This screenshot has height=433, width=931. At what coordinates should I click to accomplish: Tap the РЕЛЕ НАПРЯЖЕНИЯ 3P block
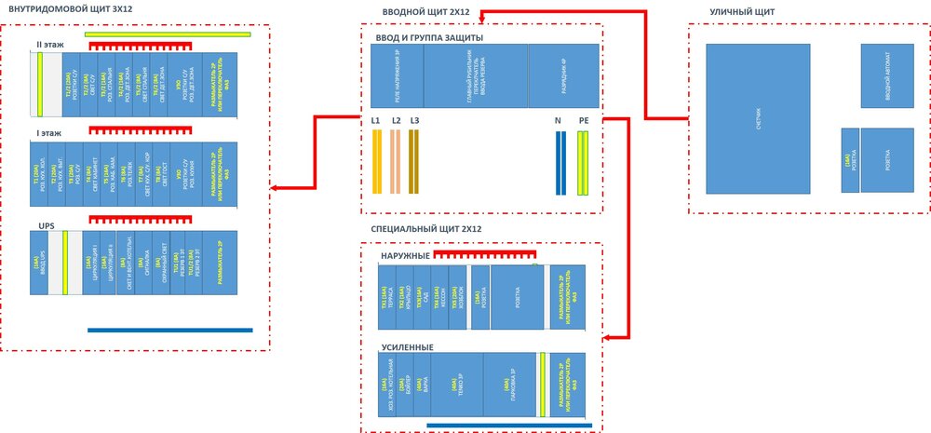coord(396,78)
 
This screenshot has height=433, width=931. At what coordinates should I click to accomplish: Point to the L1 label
coord(376,120)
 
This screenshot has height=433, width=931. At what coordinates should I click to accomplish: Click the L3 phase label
coord(415,120)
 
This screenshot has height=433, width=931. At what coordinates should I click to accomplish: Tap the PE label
coord(584,120)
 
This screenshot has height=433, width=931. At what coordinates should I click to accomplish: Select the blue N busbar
coord(560,163)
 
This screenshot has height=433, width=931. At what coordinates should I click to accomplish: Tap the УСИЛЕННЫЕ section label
coord(407,347)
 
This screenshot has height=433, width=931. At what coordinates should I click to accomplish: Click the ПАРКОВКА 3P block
coord(508,384)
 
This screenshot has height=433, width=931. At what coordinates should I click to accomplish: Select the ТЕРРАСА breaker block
coord(386,296)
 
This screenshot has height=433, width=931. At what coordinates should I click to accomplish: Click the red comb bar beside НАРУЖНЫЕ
coord(485,252)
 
